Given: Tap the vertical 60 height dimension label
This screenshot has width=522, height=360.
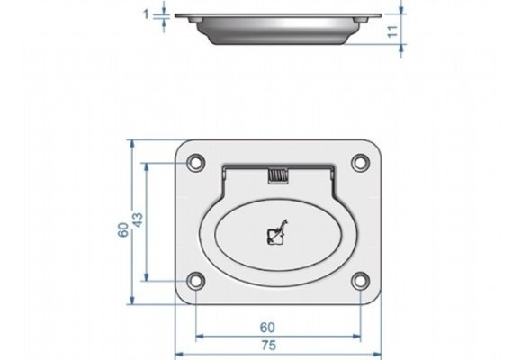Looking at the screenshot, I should coord(123,230).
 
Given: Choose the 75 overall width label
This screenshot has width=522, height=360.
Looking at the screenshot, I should coord(267,345).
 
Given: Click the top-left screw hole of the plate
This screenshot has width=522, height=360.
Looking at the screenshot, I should coord(193,164).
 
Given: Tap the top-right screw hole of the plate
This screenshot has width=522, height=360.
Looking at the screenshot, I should coord(359,164).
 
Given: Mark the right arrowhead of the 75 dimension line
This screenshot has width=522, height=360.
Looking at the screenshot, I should coord(378,353).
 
